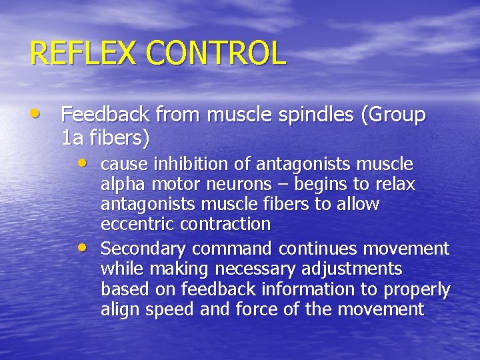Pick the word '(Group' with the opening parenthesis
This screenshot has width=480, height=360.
pos(393,115)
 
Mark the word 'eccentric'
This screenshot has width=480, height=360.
pos(137,224)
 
